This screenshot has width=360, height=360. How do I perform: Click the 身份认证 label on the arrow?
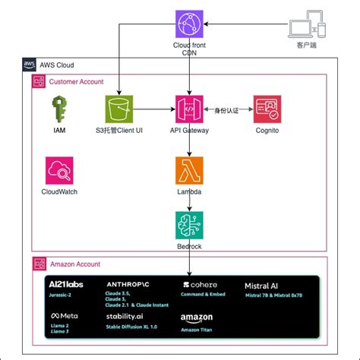228,110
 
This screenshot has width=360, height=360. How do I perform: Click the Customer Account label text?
75,81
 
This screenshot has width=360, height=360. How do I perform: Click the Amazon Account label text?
74,264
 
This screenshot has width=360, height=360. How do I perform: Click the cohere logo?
199,285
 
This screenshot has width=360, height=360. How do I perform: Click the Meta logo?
65,315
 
